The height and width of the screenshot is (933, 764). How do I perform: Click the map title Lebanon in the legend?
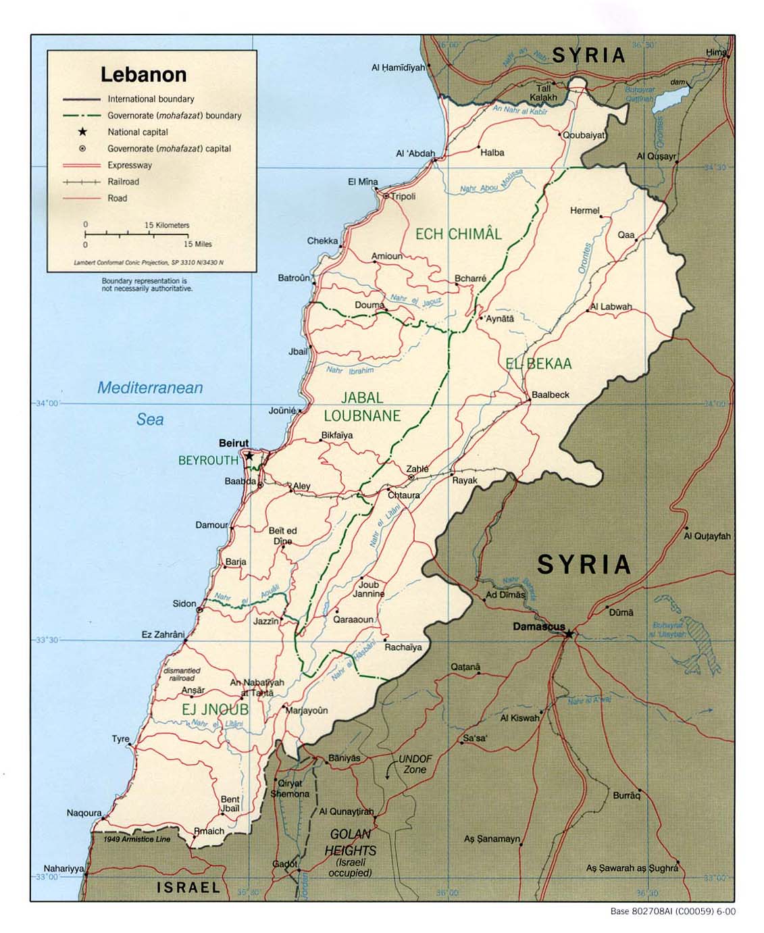click(x=143, y=74)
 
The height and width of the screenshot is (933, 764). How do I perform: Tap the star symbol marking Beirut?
click(x=249, y=456)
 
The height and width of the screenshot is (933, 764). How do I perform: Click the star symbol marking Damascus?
click(x=569, y=634)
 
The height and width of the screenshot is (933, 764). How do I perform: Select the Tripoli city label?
click(x=403, y=197)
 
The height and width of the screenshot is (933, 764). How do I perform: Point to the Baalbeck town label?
click(x=550, y=395)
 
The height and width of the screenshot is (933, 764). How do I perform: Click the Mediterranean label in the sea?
click(x=150, y=388)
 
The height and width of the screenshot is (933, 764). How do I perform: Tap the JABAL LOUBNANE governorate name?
click(x=361, y=407)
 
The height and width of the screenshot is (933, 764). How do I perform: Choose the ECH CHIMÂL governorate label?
click(x=458, y=234)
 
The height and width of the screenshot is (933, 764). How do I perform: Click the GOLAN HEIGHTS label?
click(x=350, y=842)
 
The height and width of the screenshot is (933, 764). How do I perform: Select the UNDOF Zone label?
click(x=415, y=764)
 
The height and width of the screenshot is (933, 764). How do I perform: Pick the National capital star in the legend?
click(x=82, y=132)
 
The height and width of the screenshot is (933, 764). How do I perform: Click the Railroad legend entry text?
click(x=123, y=182)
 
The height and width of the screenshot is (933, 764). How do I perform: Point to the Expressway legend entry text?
click(x=130, y=165)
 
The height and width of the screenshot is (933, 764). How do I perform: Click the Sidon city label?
click(x=184, y=603)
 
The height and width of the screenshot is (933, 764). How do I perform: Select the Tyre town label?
click(x=120, y=739)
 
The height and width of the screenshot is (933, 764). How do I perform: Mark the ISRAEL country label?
click(x=188, y=887)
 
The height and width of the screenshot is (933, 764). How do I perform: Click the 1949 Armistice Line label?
click(x=136, y=839)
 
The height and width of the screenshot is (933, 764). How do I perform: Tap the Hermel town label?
click(x=584, y=211)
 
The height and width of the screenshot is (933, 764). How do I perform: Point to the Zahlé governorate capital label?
click(x=417, y=469)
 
